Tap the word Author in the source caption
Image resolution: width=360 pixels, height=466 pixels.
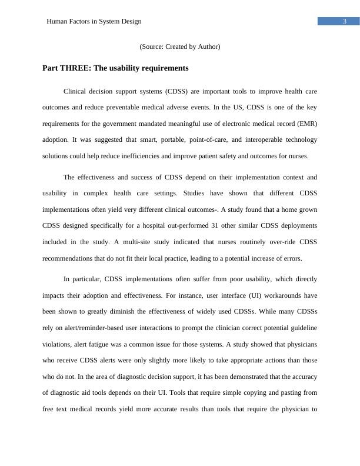pyautogui.click(x=207, y=46)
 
